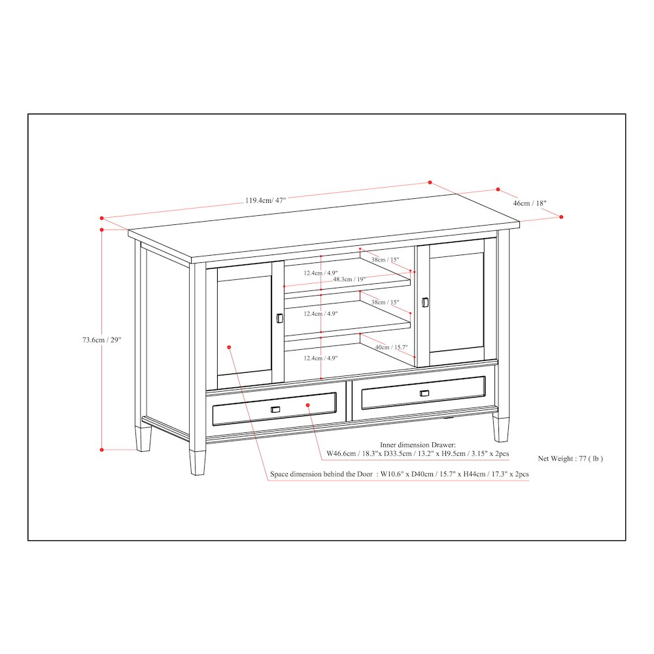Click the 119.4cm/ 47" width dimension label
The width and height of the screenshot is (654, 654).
pos(266,200)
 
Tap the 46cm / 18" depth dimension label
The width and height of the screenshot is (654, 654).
pos(530,203)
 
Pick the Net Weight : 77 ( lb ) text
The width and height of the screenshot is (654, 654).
pos(570,458)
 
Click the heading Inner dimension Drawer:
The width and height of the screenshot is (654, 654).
pos(418,444)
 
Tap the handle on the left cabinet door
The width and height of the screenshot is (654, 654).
pos(279,317)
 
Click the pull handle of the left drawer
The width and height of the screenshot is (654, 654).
pos(275,409)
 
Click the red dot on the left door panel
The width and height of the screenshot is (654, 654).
pos(229,347)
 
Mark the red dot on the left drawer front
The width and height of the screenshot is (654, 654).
pos(308,405)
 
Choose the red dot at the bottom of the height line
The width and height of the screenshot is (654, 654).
pos(102,449)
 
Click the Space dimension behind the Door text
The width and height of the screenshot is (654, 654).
pos(321,474)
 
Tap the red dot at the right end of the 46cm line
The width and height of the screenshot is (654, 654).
pos(561,216)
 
